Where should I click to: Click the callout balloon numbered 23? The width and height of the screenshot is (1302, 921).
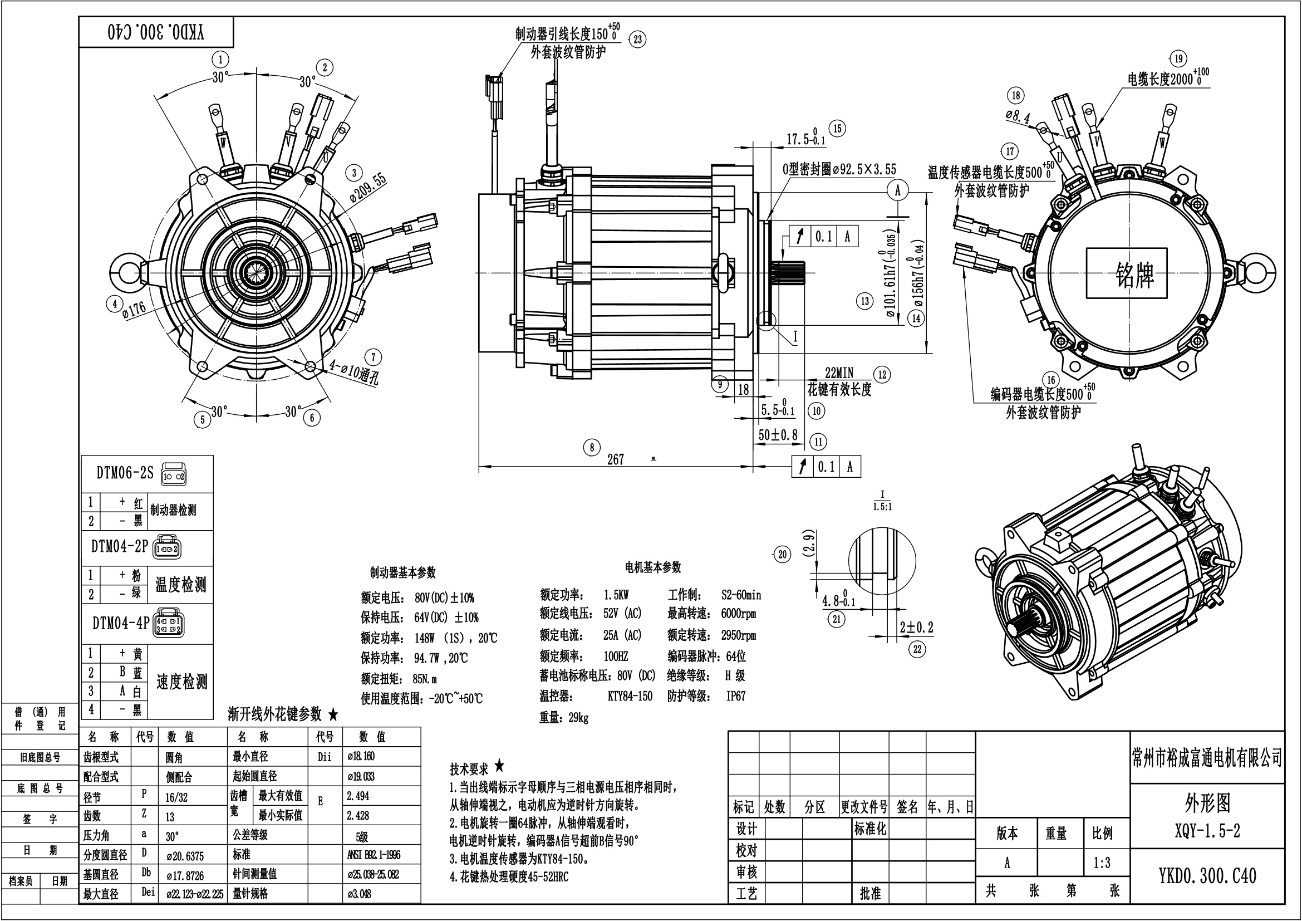click(638, 39)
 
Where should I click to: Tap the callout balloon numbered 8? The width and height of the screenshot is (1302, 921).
click(592, 448)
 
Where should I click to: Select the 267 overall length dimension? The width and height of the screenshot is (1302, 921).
click(616, 459)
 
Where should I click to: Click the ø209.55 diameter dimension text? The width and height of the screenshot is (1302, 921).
click(368, 188)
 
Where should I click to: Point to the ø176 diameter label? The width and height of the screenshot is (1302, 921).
click(134, 310)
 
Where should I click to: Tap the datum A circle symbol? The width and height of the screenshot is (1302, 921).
click(897, 190)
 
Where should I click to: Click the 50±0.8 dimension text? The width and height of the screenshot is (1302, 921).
click(778, 435)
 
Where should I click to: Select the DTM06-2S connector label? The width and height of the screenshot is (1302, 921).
click(125, 473)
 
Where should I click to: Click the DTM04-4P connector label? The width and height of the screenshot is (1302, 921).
click(121, 623)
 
